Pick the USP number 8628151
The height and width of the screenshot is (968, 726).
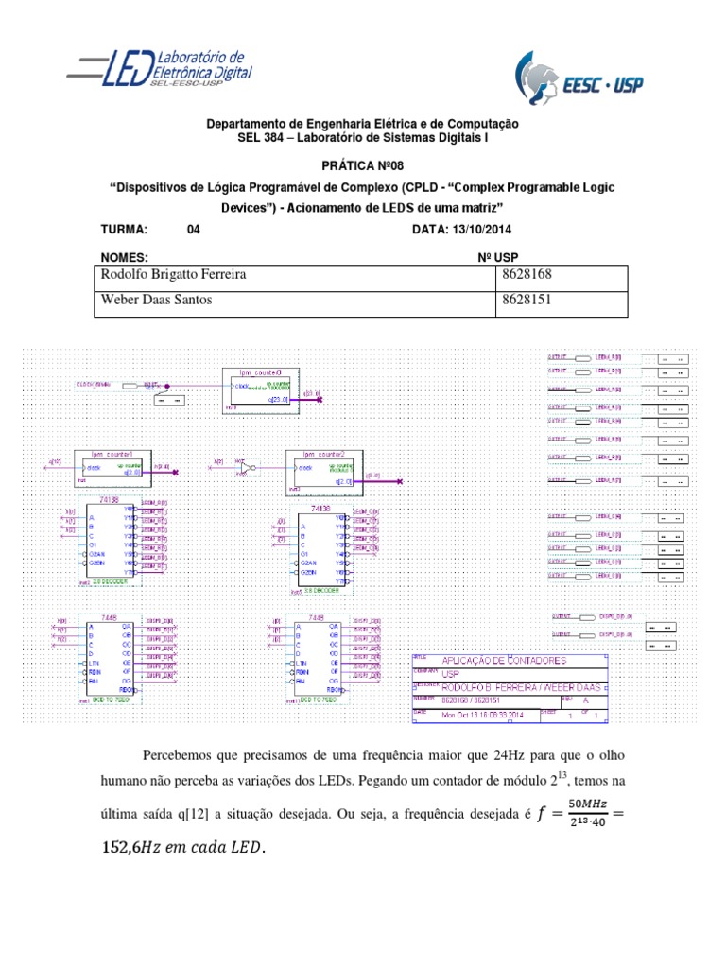click(525, 301)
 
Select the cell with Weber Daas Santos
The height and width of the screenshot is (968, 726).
click(157, 301)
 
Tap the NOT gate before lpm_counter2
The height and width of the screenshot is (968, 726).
click(248, 468)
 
